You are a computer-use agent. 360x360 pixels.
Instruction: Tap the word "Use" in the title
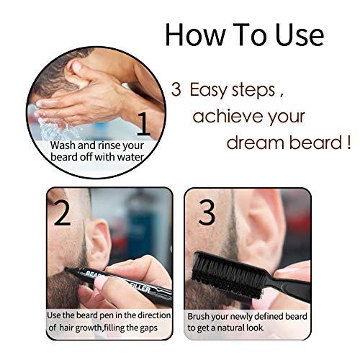294,35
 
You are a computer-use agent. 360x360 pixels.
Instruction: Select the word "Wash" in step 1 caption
63,145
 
